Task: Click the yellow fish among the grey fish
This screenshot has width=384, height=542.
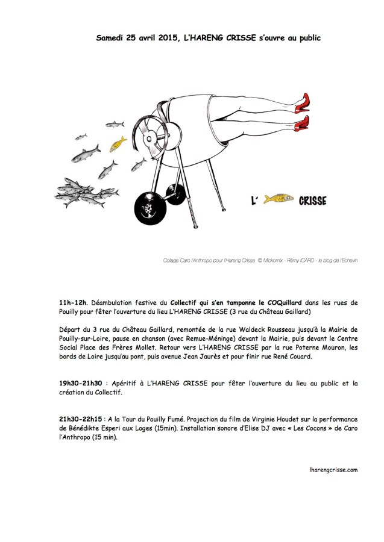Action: [x=118, y=144]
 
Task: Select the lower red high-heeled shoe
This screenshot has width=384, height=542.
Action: [x=301, y=124]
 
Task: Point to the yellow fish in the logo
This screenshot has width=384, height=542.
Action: [x=279, y=199]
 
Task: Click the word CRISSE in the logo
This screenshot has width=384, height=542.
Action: [x=312, y=201]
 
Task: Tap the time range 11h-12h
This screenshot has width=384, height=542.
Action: [x=73, y=301]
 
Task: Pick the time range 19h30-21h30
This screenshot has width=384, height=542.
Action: [x=81, y=382]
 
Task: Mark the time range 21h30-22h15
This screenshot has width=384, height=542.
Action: [x=81, y=419]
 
